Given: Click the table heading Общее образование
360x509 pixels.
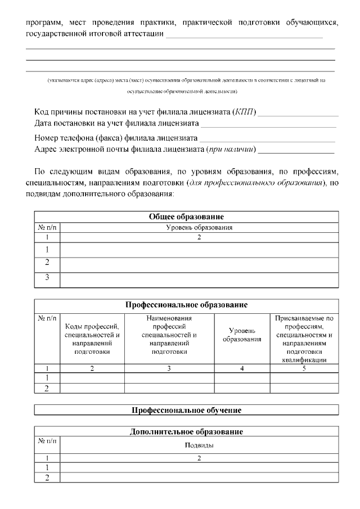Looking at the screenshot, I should pyautogui.click(x=186, y=217).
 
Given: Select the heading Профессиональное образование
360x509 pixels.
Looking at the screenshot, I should pyautogui.click(x=186, y=305).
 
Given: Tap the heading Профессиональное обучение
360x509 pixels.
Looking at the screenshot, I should pyautogui.click(x=186, y=410).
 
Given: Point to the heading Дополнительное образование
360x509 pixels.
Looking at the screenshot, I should pyautogui.click(x=186, y=432).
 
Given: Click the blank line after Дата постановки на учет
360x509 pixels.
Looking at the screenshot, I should pyautogui.click(x=269, y=124).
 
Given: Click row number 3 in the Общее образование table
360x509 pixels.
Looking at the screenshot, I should pyautogui.click(x=47, y=277).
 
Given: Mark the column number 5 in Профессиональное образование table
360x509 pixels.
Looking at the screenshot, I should pyautogui.click(x=304, y=369).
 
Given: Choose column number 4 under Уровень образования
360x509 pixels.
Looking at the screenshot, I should pyautogui.click(x=242, y=369).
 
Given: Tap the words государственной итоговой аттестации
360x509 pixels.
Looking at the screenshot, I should pyautogui.click(x=95, y=34).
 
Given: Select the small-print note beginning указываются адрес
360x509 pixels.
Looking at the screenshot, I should pyautogui.click(x=186, y=80).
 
